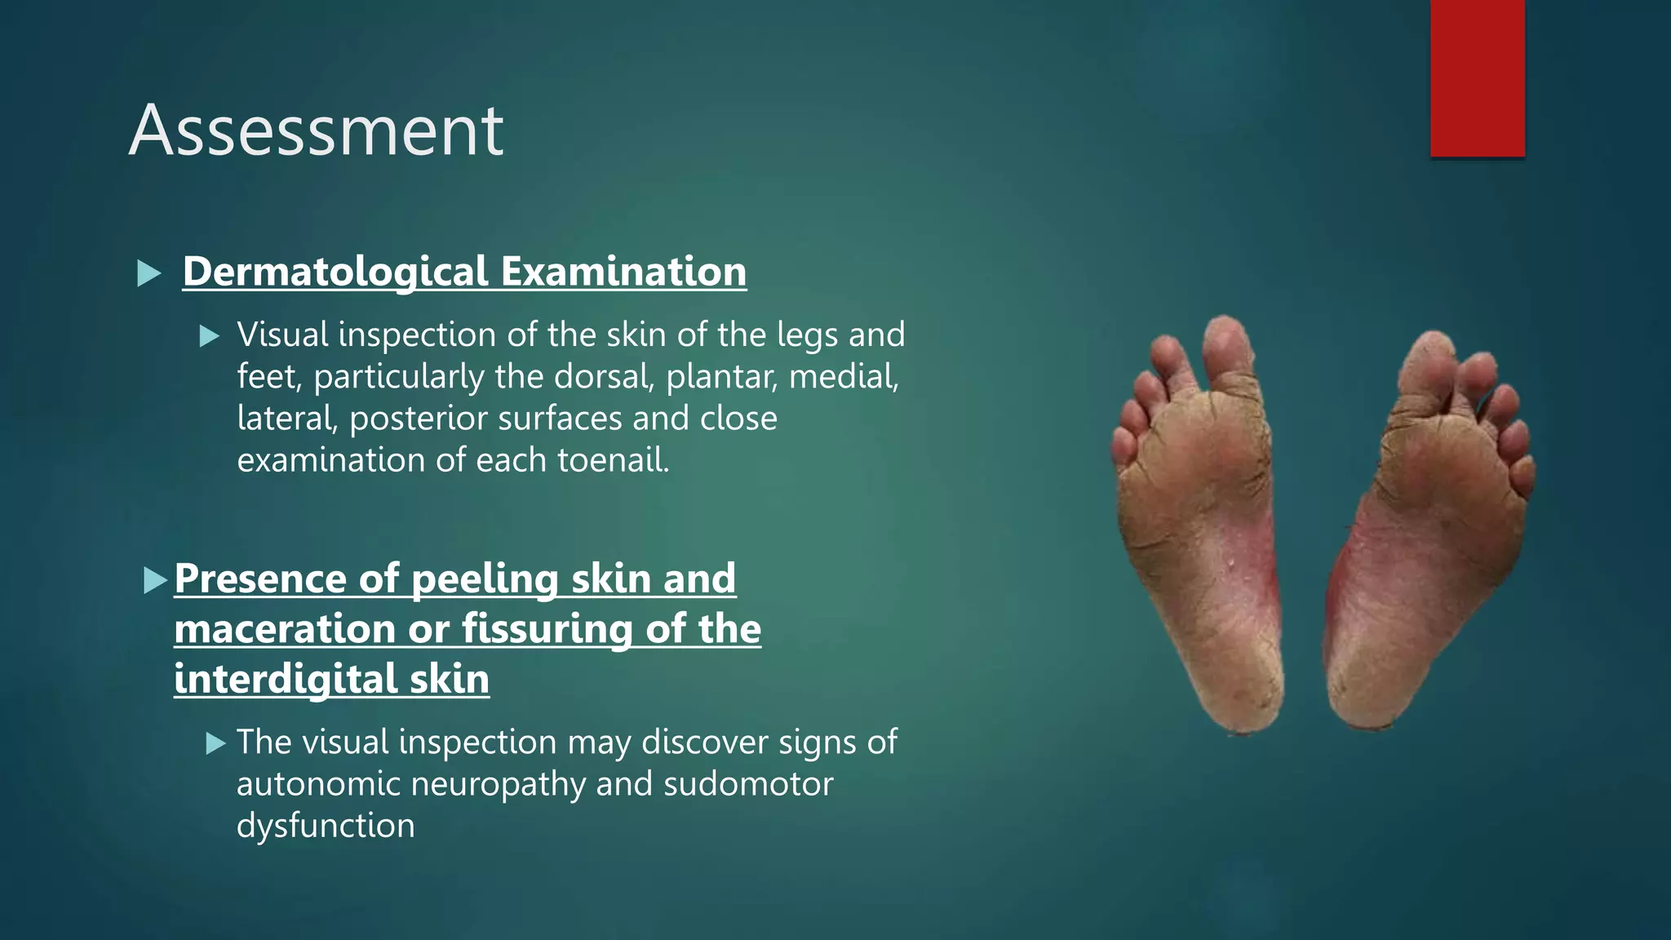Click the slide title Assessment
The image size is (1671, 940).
point(316,131)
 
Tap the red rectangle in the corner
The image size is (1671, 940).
point(1477,78)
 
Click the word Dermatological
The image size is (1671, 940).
point(335,272)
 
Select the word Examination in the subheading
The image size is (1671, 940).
point(623,272)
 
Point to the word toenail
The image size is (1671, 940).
point(613,460)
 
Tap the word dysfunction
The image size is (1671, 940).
point(326,826)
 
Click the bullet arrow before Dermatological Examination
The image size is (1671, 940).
point(149,273)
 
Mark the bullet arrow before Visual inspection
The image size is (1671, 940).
point(210,336)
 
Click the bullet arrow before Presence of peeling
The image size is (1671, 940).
point(155,580)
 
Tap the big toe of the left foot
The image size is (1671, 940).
point(1226,347)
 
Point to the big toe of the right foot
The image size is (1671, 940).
point(1430,363)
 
